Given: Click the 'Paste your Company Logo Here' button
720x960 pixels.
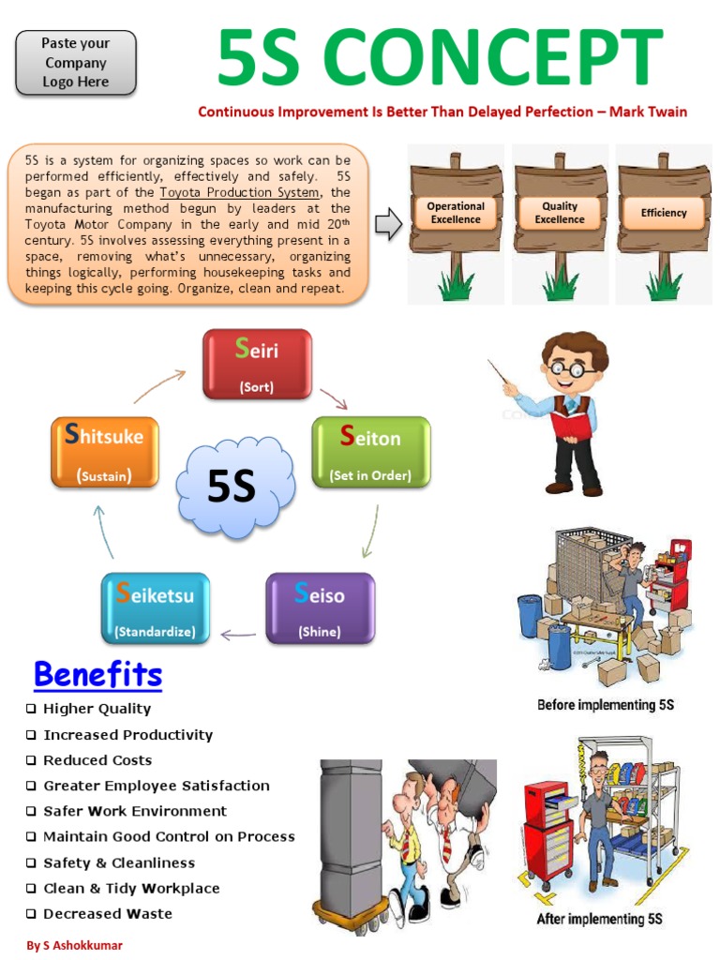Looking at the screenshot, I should click(76, 63).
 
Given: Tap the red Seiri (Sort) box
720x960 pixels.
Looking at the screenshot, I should click(257, 364).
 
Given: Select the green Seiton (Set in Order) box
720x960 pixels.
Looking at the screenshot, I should click(370, 452).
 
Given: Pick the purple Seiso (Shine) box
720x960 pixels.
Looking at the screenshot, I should click(320, 607).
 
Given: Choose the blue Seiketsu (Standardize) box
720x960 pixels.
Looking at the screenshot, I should click(155, 607).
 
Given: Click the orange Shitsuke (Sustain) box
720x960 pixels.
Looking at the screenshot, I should click(104, 452).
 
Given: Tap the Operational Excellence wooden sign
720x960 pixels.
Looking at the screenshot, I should click(456, 213).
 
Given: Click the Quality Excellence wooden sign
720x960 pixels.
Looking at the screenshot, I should click(561, 213).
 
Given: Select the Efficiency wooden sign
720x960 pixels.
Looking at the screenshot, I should click(664, 213).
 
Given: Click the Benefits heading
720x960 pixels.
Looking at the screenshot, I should click(97, 674).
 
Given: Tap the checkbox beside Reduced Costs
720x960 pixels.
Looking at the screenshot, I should click(32, 760).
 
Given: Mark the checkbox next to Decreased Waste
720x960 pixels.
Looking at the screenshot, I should click(32, 914).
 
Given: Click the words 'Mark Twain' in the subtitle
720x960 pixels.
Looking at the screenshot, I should click(648, 112).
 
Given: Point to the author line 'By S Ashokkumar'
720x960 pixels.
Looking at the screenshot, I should click(74, 945).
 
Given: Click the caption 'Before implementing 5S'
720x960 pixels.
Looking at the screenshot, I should click(606, 704).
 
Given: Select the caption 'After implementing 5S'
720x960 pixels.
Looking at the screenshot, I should click(599, 919).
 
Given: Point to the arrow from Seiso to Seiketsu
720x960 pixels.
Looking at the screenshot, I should click(238, 636).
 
